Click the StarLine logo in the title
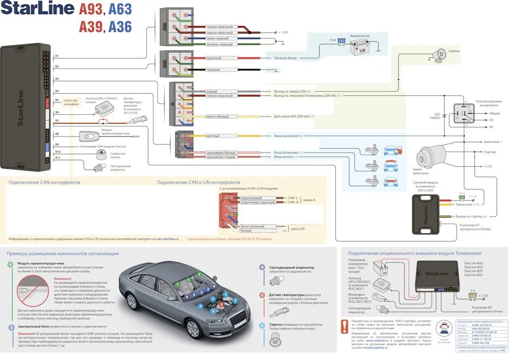point(37,10)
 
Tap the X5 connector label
point(57,100)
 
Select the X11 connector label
point(57,158)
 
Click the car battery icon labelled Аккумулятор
point(359,47)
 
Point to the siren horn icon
point(437,53)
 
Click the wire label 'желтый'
point(213,135)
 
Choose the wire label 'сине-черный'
point(217,38)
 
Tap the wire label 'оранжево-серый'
point(220,157)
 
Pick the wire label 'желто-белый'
point(217,116)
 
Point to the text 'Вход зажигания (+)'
point(289,135)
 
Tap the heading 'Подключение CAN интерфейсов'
point(44,182)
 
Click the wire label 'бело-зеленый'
point(251,227)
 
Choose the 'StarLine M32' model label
point(473,263)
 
